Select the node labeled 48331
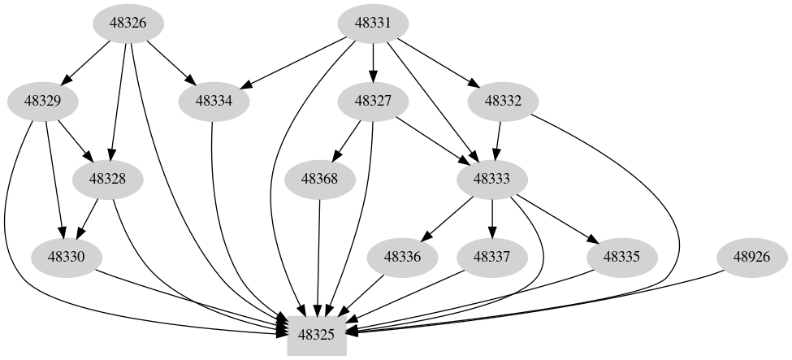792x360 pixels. [373, 23]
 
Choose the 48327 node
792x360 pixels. [373, 102]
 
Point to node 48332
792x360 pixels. [503, 102]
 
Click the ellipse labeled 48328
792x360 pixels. [108, 179]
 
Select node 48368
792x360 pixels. [320, 179]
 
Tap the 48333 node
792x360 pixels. [492, 179]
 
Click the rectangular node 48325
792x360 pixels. [318, 333]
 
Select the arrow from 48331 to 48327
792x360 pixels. [373, 62]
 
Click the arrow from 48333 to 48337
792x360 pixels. [492, 218]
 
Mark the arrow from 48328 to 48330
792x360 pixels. [88, 218]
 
